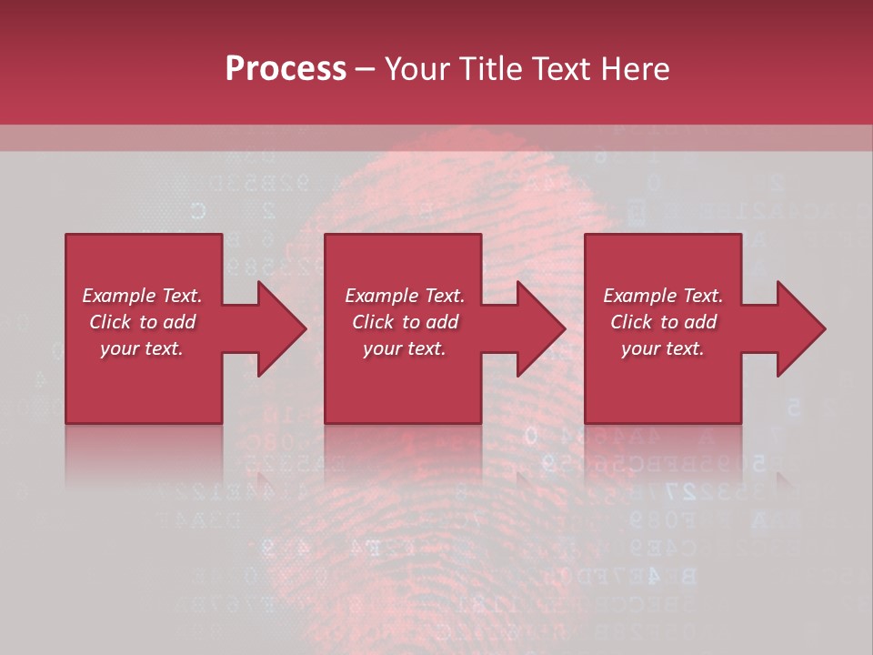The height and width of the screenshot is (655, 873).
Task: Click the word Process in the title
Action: tap(286, 69)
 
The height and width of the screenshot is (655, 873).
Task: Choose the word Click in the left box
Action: tap(110, 322)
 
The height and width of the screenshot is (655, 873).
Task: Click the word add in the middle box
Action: tap(441, 322)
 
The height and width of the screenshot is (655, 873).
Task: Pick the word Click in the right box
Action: tap(631, 322)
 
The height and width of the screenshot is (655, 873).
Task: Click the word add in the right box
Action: tap(699, 322)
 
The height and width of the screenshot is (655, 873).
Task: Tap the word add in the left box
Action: tap(178, 322)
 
